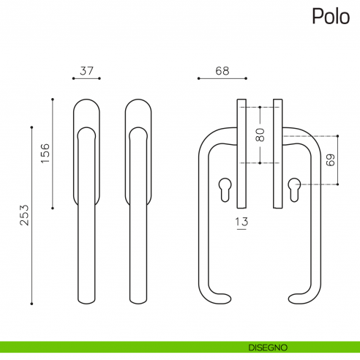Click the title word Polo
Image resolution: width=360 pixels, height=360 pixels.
tap(331, 16)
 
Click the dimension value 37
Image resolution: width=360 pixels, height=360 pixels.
tap(86, 71)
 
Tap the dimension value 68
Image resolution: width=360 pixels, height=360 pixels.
tap(222, 71)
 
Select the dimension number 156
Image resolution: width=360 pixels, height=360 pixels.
tap(45, 154)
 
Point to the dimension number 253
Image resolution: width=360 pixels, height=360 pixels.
tap(24, 215)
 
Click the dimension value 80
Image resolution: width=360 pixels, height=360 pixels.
tap(260, 135)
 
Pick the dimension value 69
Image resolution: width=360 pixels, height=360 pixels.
tap(331, 160)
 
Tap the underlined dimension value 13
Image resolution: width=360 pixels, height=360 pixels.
tap(241, 222)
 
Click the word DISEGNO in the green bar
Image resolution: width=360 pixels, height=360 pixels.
tap(268, 348)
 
